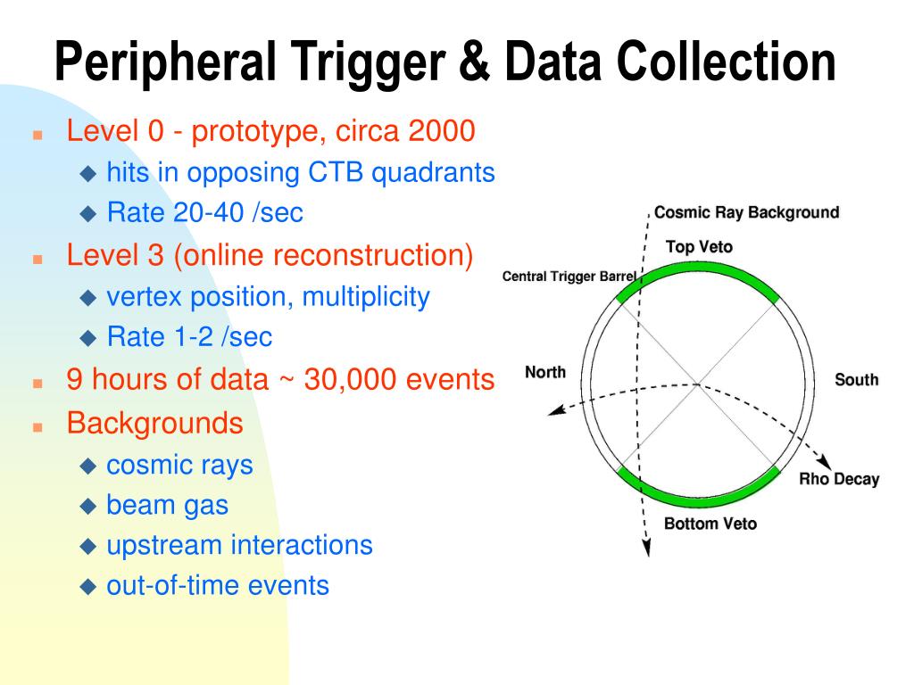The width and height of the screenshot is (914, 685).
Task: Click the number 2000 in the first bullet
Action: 442,132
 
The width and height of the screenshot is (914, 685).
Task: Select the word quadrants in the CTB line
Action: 433,172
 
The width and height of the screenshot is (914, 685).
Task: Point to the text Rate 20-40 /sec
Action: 204,213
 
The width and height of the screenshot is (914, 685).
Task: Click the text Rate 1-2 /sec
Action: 189,337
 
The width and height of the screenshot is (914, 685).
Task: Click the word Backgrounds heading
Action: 155,423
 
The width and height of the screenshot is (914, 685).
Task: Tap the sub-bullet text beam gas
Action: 167,505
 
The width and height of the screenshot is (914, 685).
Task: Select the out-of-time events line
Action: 217,585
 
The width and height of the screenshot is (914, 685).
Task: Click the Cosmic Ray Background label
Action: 746,212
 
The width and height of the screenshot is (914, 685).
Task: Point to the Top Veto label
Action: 699,246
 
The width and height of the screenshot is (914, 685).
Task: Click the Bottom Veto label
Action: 710,524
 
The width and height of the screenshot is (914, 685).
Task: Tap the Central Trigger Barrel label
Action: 569,276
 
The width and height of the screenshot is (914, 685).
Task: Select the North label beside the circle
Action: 544,372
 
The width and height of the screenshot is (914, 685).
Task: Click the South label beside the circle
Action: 856,380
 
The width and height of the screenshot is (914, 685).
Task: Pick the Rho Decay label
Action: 838,479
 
